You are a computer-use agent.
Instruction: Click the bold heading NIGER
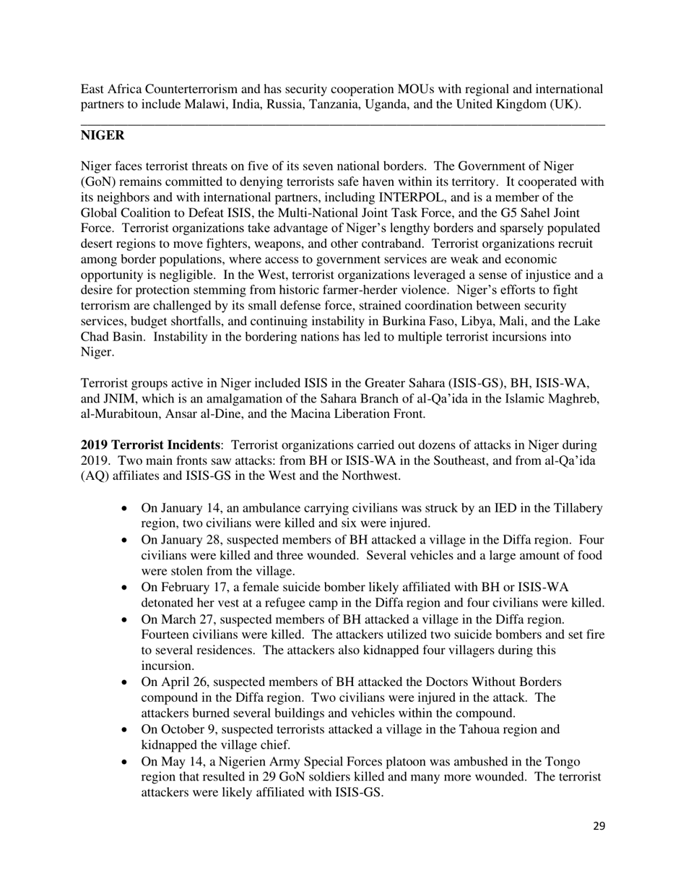[102, 136]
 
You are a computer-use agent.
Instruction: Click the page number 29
[599, 826]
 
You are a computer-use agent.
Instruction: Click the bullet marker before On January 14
[126, 509]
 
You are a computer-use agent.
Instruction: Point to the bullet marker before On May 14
[126, 762]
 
